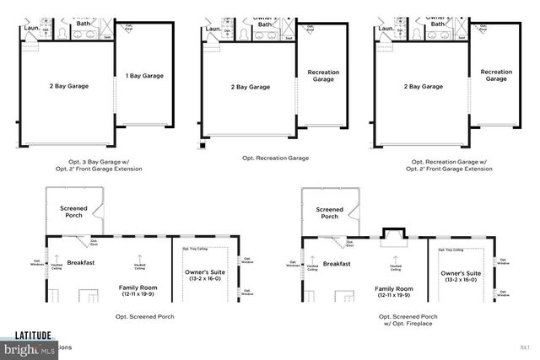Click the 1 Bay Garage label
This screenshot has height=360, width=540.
(144, 76)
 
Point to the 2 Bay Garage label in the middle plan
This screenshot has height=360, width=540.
(251, 86)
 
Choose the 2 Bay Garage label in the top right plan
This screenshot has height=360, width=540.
(423, 86)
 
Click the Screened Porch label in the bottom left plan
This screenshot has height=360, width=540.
(73, 212)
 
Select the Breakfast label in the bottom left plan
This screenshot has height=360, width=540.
(81, 263)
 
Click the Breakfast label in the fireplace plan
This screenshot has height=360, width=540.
(337, 264)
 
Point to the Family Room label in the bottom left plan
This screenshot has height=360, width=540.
(137, 291)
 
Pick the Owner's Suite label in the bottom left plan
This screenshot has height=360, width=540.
(204, 276)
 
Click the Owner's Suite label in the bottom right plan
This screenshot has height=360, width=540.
(461, 277)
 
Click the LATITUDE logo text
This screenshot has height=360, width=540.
(27, 334)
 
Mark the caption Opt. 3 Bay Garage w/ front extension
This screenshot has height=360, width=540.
(105, 164)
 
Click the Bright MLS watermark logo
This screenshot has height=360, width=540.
(27, 347)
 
